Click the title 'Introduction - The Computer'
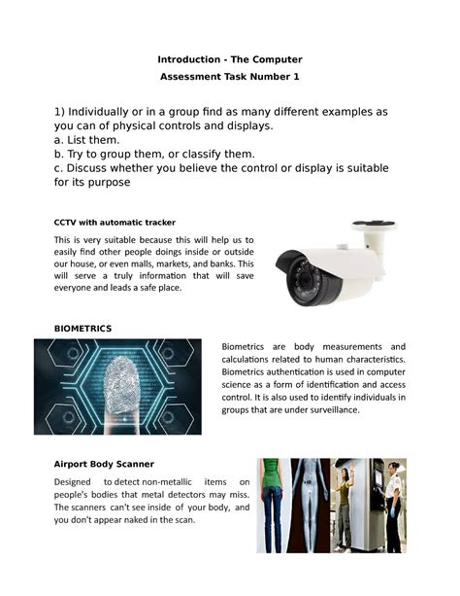(x=230, y=60)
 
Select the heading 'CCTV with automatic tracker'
(x=115, y=222)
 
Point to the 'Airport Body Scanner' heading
(x=104, y=464)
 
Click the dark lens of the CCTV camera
(x=305, y=280)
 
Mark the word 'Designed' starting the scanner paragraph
(x=73, y=482)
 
